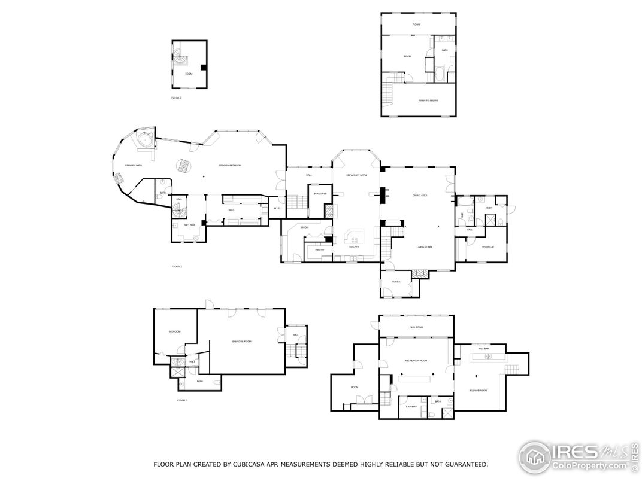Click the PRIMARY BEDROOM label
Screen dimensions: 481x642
[x=229, y=165]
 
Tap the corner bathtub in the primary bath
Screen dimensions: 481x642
[x=144, y=141]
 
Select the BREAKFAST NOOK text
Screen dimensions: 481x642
[x=356, y=175]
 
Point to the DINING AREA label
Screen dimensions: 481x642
[x=419, y=196]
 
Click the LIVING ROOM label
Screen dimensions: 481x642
[x=425, y=246]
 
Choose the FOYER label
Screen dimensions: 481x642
[x=396, y=281]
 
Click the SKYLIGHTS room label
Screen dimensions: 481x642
[x=317, y=194]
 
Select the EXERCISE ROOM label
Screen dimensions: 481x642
[x=241, y=341]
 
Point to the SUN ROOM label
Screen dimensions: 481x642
[x=416, y=327]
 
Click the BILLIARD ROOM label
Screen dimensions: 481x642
[x=478, y=390]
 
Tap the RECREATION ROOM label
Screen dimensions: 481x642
[x=415, y=361]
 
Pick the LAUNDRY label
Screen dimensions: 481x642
[x=411, y=406]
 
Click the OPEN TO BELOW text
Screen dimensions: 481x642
[x=428, y=101]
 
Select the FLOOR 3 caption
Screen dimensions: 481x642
[x=176, y=98]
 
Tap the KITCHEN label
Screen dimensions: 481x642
[x=354, y=246]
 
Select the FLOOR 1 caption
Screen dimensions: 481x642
[x=182, y=400]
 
